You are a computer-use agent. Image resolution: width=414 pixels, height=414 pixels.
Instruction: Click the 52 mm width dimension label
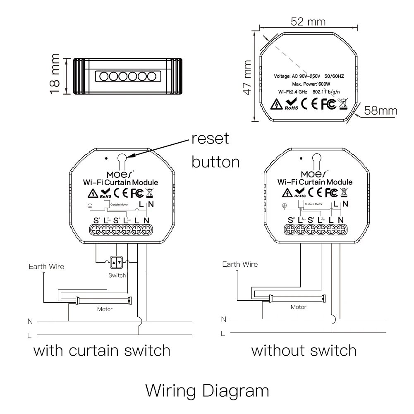click(x=308, y=21)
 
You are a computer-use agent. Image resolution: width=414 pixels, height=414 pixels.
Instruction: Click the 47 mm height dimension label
click(x=247, y=78)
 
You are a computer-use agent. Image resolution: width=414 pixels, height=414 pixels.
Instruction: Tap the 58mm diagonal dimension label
click(x=381, y=110)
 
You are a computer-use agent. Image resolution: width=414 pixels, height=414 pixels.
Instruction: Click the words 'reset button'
click(x=215, y=150)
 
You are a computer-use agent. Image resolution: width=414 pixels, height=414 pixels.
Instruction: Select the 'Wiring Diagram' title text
click(x=207, y=390)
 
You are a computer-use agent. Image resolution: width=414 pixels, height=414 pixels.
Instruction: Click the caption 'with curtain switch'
click(x=102, y=351)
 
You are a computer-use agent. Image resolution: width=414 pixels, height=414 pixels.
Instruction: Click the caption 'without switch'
click(x=304, y=351)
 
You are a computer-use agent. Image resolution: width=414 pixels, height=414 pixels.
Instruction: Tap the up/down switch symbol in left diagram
click(x=116, y=262)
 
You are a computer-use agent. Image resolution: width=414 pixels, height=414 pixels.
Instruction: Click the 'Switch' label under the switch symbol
click(x=117, y=275)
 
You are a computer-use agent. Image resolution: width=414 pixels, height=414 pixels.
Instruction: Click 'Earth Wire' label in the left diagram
click(x=46, y=267)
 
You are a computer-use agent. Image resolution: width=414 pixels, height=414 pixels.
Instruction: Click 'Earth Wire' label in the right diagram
click(x=240, y=264)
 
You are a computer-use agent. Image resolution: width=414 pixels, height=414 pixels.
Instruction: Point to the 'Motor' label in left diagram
click(x=105, y=309)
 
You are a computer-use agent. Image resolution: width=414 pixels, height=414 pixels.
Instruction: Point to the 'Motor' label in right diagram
click(x=298, y=307)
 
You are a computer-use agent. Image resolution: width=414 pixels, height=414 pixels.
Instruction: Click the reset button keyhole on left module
click(x=122, y=158)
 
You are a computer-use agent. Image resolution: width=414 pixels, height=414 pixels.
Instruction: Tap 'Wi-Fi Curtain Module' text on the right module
click(x=315, y=182)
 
